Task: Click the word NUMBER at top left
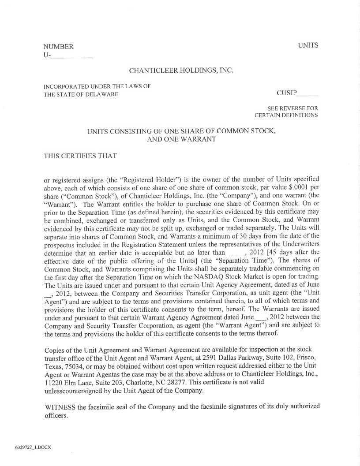click(x=58, y=47)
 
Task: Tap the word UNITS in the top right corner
click(x=308, y=45)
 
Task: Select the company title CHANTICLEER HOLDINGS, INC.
click(x=181, y=71)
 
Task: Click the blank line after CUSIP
click(x=307, y=93)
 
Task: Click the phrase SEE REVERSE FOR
click(x=292, y=108)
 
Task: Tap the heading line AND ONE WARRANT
click(x=181, y=139)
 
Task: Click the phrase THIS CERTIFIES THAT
click(x=80, y=156)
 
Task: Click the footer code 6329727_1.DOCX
click(x=33, y=447)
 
